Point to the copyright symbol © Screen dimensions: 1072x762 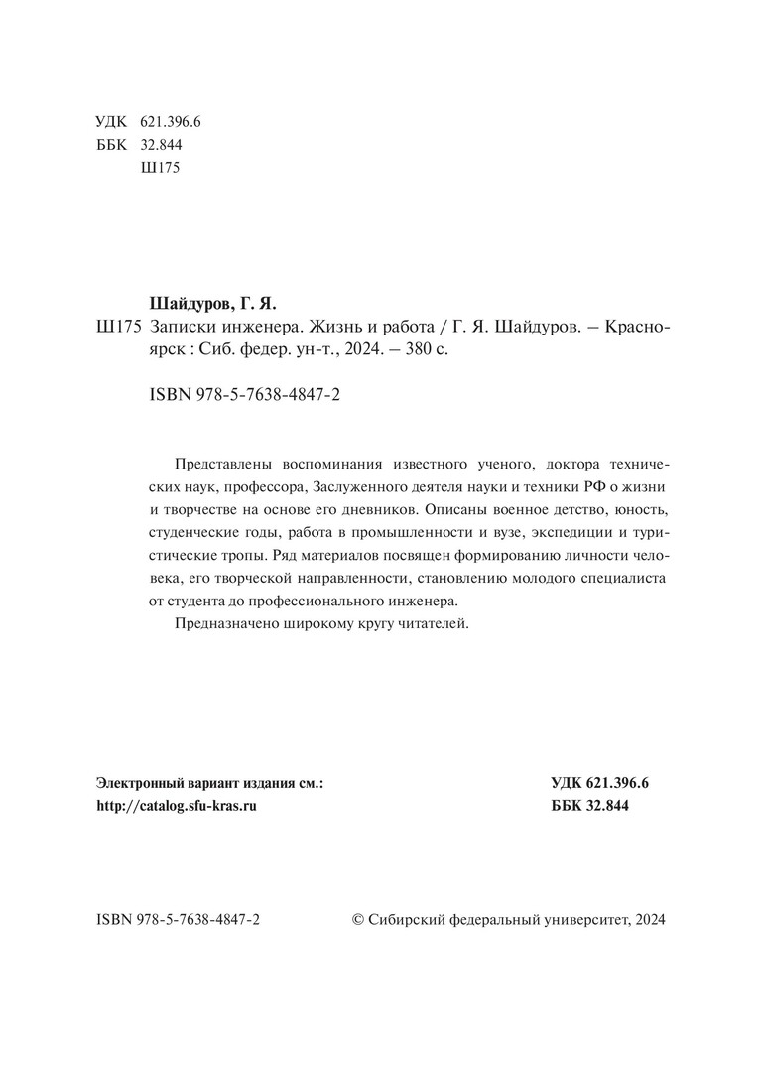(359, 920)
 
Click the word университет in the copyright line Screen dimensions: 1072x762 (581, 920)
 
